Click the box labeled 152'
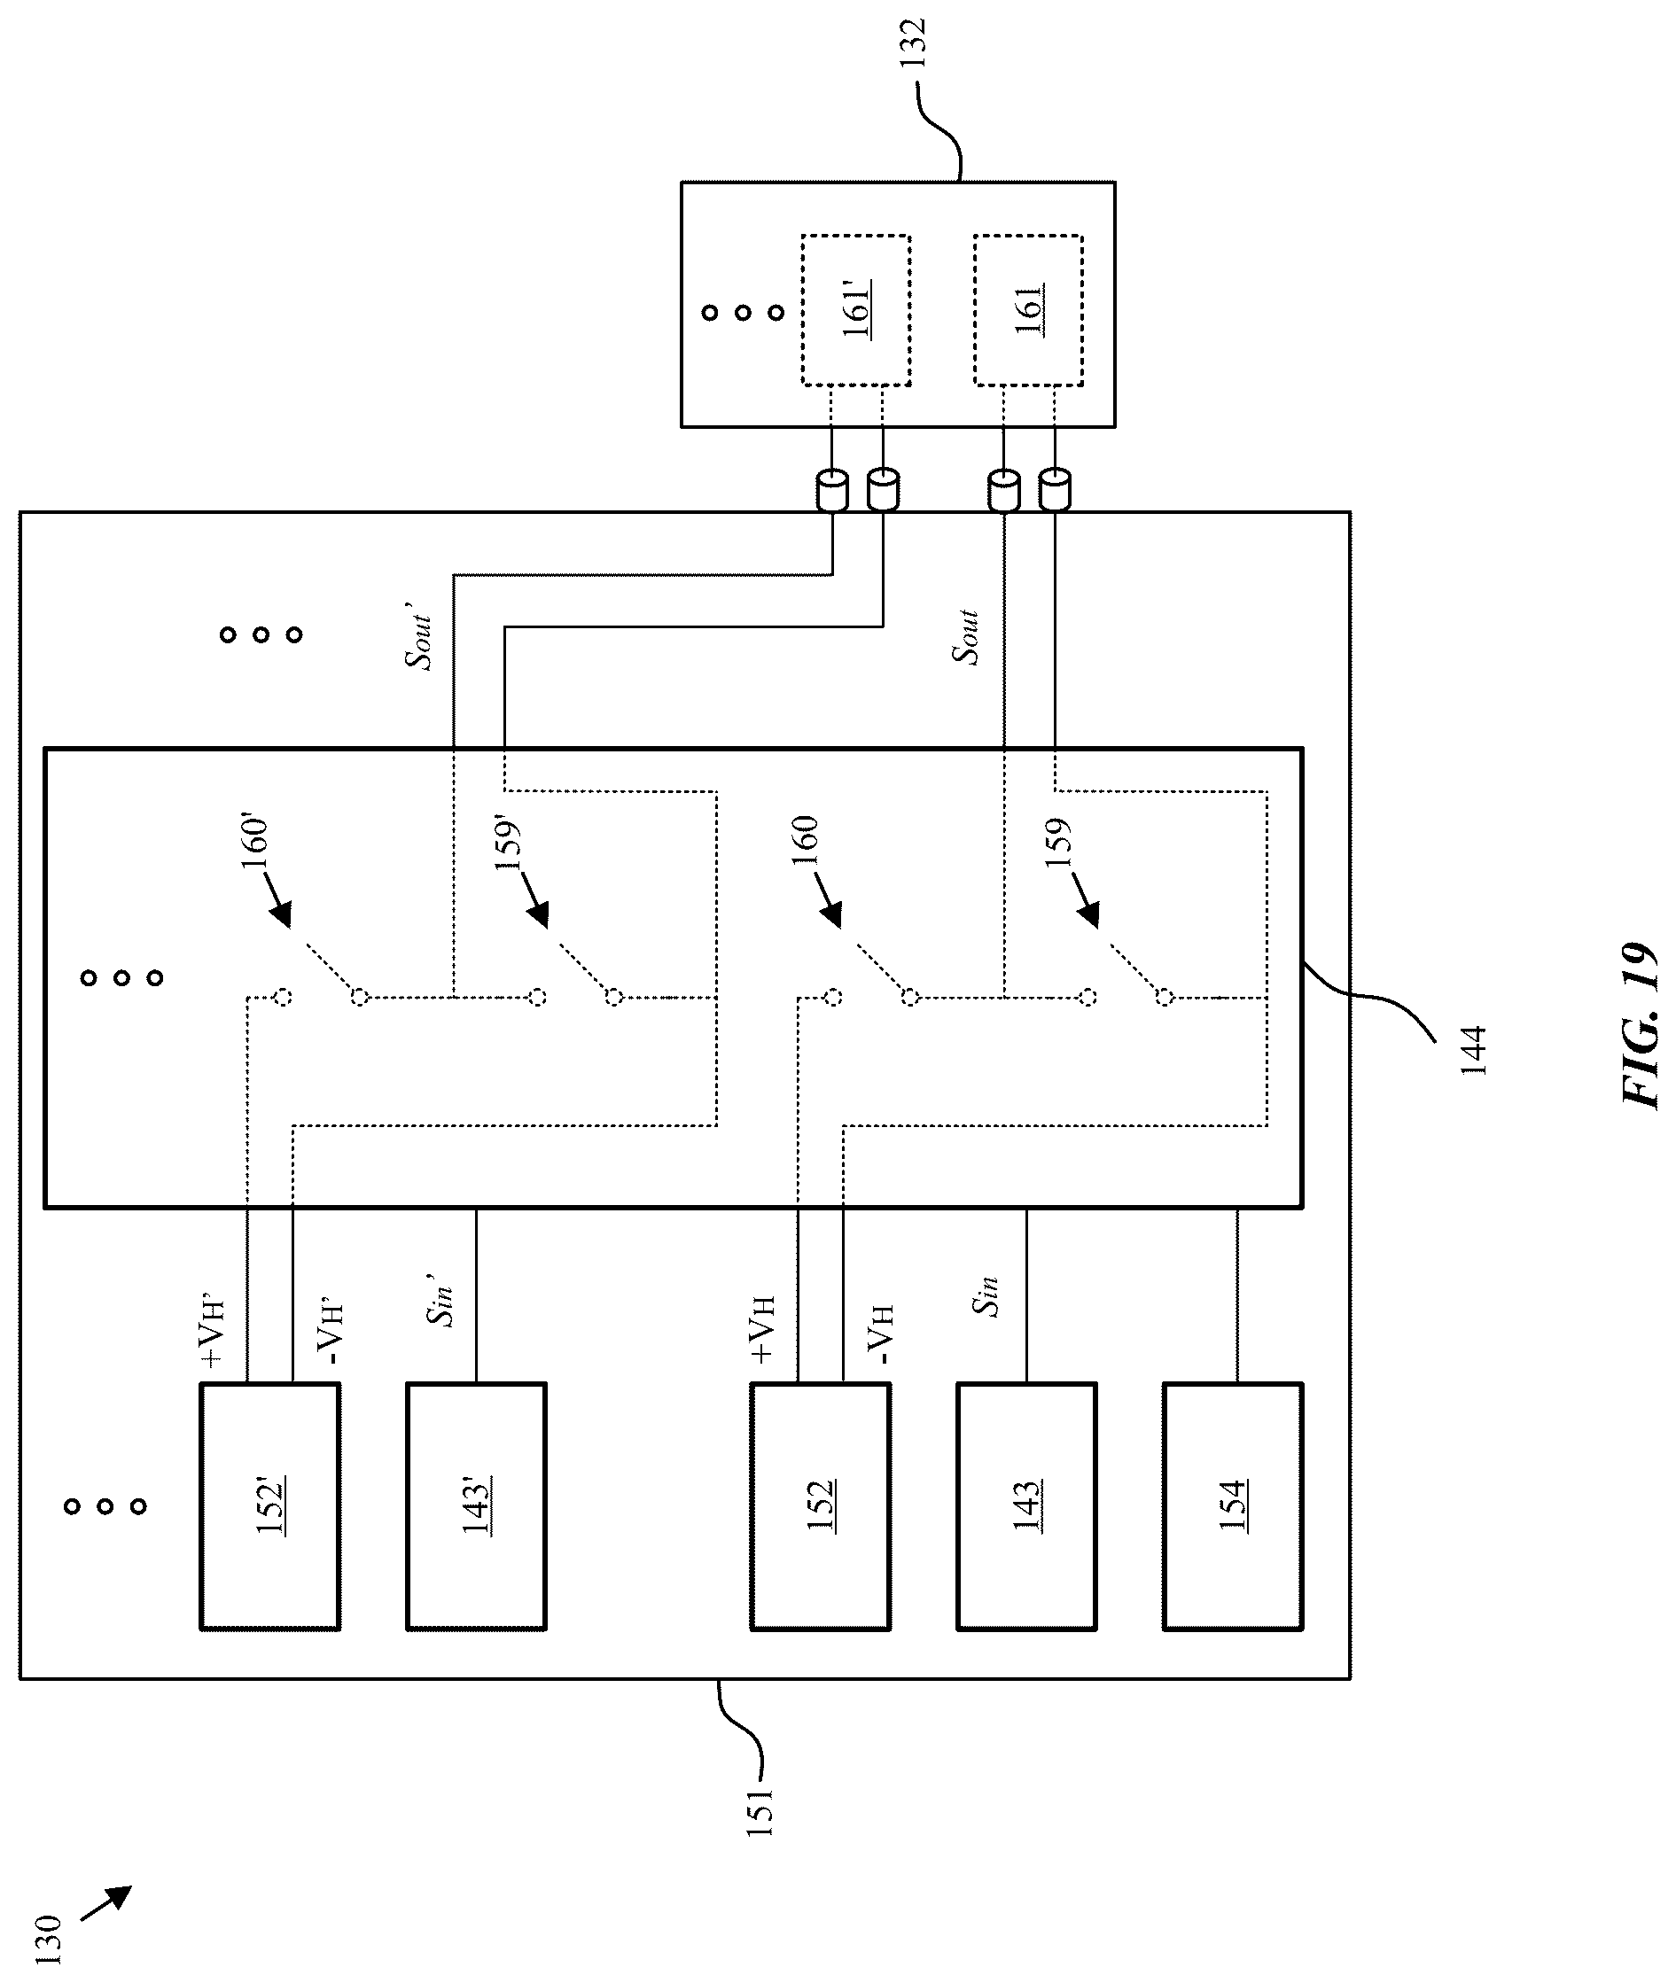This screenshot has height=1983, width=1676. click(269, 1506)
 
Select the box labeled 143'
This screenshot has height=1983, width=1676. click(476, 1506)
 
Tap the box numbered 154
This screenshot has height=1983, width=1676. click(1232, 1506)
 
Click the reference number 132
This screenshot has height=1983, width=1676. click(913, 43)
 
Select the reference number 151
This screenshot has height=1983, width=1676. click(760, 1811)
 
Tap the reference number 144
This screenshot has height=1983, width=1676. click(1472, 1050)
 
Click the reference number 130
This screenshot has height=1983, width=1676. click(48, 1939)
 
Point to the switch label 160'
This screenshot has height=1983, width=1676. click(254, 843)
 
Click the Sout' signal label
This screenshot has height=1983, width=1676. click(418, 635)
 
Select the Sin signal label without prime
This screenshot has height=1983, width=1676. click(986, 1295)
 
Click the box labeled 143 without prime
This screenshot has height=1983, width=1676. click(1026, 1506)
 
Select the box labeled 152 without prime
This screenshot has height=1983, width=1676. click(820, 1506)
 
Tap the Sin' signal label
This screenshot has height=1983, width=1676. click(439, 1301)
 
